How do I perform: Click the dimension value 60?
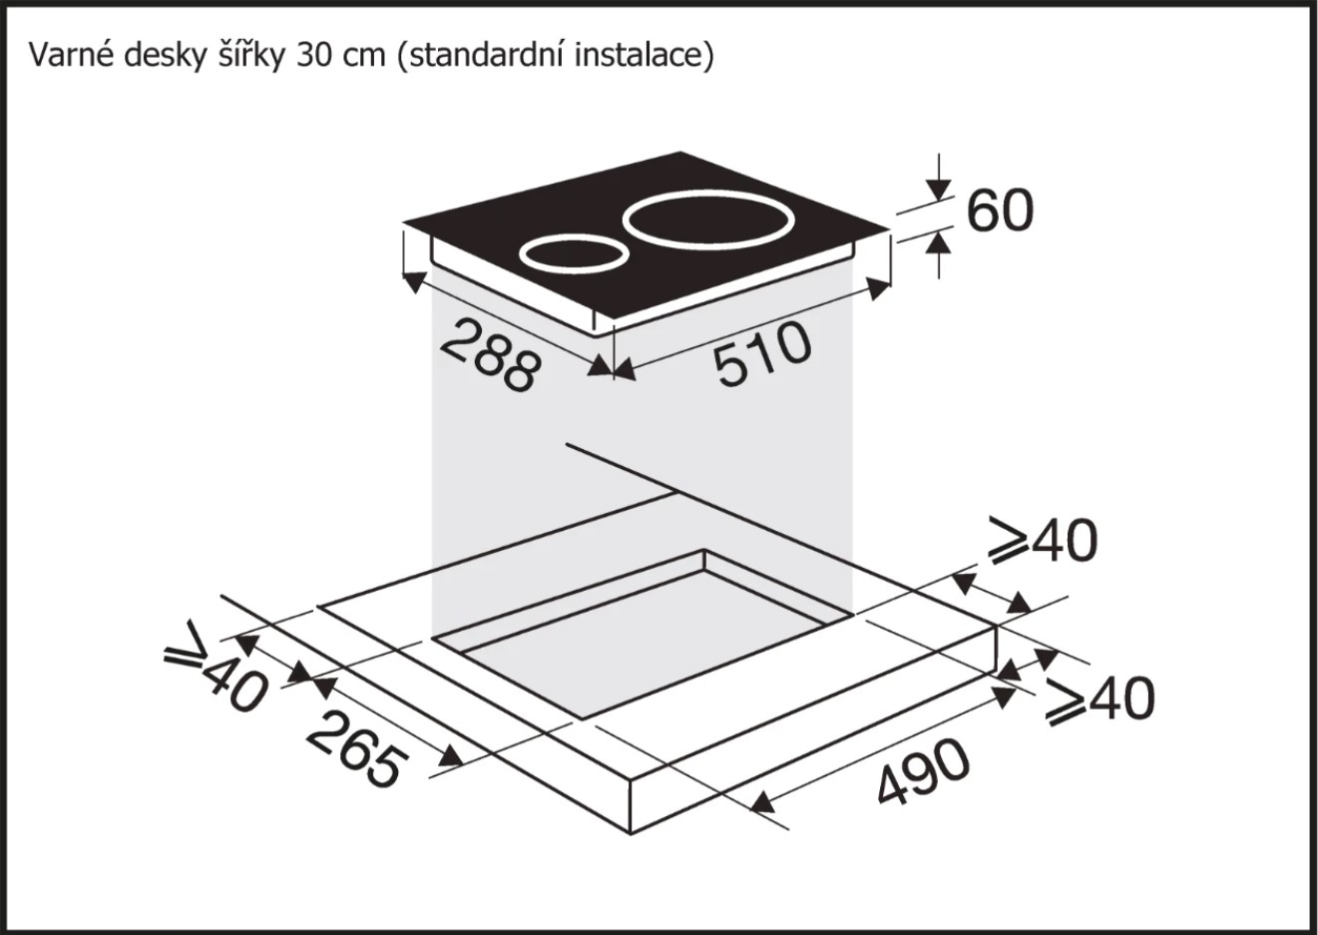[x=999, y=211]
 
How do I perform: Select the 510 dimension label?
[x=763, y=353]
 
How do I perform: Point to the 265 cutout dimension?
[x=356, y=749]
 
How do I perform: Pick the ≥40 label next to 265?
[x=216, y=667]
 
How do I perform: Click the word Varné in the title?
[x=71, y=56]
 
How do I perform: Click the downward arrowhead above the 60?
[x=939, y=190]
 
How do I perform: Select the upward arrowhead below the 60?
[x=939, y=242]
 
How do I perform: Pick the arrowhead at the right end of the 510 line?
[x=878, y=289]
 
